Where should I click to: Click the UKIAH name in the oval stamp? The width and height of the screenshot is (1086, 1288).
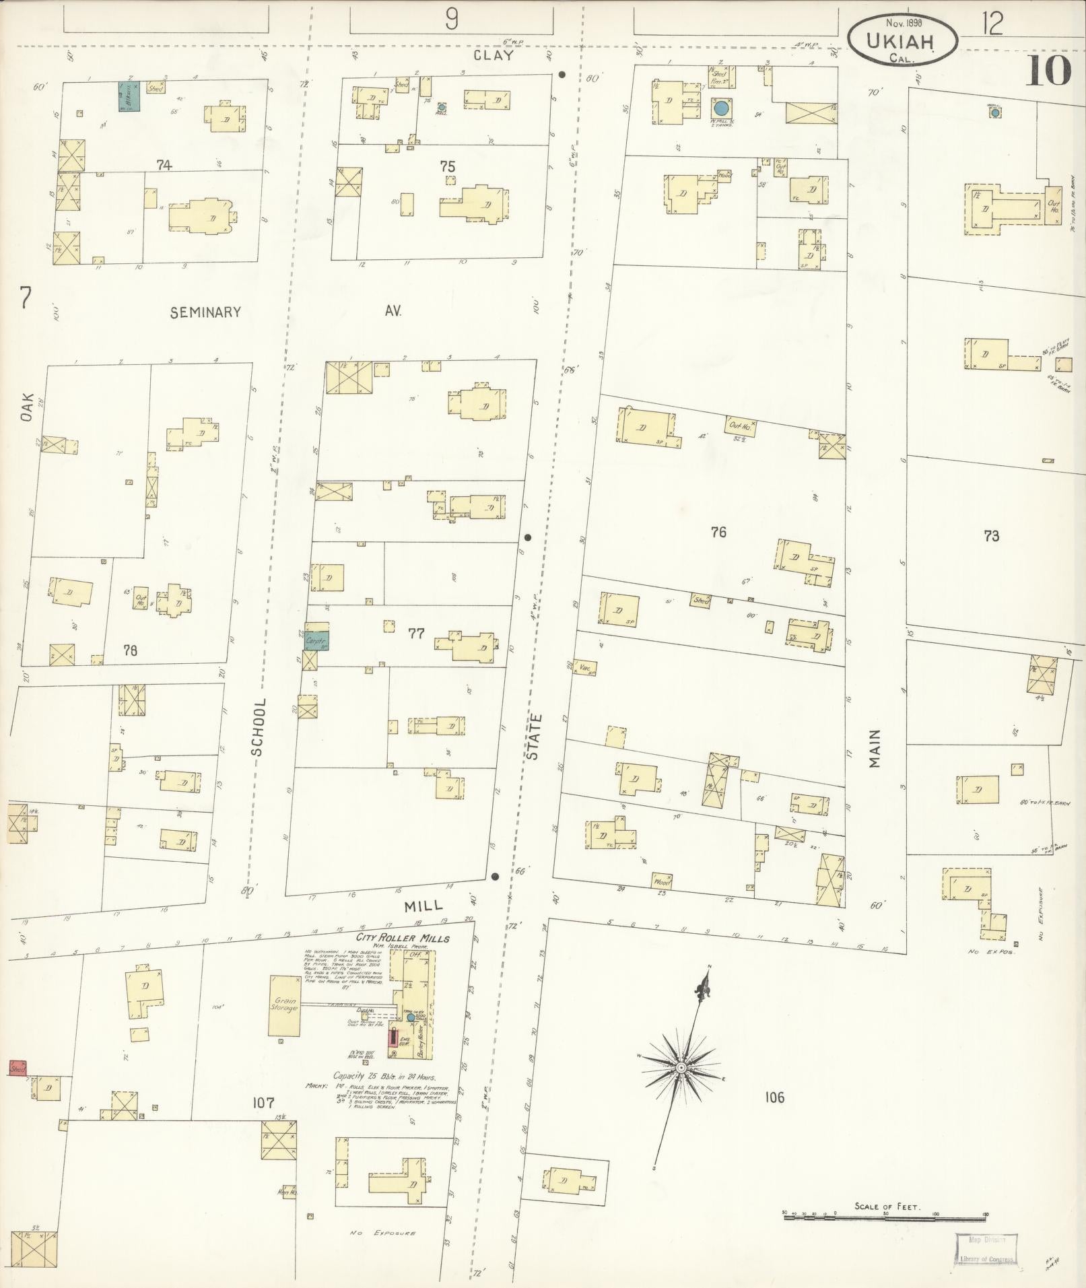[x=900, y=41]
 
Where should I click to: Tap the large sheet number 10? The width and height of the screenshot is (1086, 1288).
[x=1048, y=71]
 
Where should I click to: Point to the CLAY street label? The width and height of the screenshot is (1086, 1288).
[x=493, y=56]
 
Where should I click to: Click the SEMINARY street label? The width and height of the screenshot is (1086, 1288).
[x=205, y=312]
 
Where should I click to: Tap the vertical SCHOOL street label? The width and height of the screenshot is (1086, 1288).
[x=260, y=727]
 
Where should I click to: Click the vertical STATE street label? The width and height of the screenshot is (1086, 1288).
[x=533, y=737]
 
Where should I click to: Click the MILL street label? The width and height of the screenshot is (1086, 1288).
[x=423, y=907]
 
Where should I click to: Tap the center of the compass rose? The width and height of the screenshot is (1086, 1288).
[x=681, y=1068]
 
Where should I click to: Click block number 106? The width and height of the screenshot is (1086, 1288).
[x=774, y=1098]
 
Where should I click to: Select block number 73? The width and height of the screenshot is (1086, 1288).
[x=990, y=536]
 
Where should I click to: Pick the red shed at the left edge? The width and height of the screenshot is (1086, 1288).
[x=18, y=1067]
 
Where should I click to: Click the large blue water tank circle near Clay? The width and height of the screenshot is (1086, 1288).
[x=721, y=107]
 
